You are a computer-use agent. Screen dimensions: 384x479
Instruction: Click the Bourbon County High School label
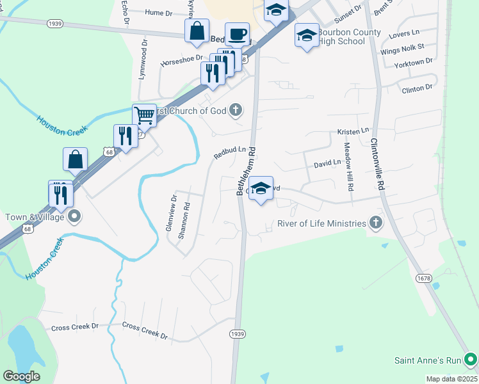click(350, 37)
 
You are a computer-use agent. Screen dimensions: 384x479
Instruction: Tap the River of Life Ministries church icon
click(376, 223)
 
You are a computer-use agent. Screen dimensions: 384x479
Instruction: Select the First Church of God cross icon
click(236, 110)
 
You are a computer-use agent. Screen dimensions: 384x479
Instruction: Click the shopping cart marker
click(145, 116)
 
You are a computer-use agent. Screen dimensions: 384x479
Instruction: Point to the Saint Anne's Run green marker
click(471, 360)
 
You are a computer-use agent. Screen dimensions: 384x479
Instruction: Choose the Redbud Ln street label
click(230, 153)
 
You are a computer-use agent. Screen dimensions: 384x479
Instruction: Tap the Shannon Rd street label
click(184, 220)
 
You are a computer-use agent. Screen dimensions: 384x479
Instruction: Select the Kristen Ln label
click(353, 131)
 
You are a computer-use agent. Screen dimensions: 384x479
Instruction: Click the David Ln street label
click(327, 164)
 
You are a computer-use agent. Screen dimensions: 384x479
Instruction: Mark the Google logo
click(21, 376)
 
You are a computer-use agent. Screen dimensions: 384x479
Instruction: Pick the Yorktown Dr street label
click(414, 61)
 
